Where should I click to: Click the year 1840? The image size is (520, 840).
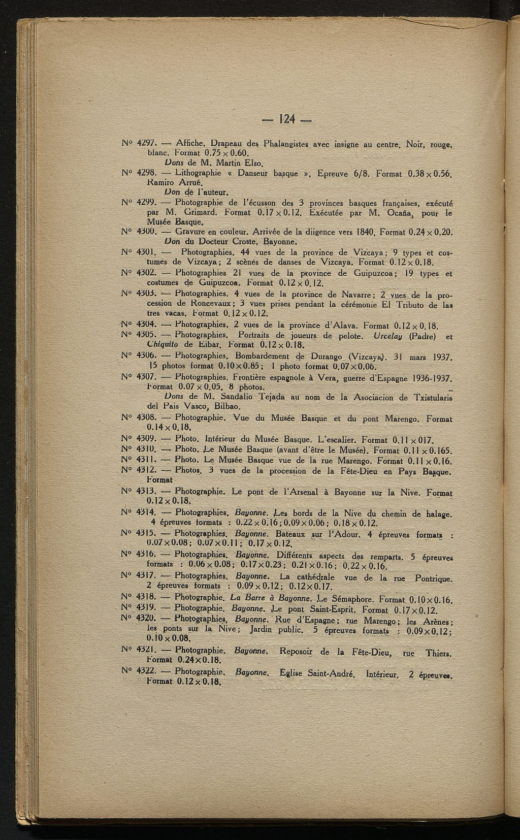[x=364, y=233]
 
